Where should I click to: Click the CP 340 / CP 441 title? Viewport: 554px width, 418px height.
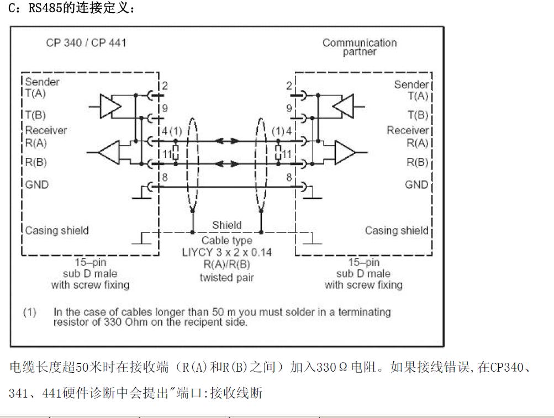86,43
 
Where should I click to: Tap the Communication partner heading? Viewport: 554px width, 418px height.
360,47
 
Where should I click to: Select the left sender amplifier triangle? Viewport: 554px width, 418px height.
110,105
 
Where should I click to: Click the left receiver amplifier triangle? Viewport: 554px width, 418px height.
109,152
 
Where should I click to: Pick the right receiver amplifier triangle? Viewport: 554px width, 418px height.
345,152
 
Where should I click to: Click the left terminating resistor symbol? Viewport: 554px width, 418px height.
176,152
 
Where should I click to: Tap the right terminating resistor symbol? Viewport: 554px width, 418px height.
278,152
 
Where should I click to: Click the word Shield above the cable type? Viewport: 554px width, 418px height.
227,225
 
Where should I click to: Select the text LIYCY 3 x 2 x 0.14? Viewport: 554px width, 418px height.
227,252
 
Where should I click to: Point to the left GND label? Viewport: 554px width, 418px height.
37,184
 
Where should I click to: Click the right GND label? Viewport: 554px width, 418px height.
416,184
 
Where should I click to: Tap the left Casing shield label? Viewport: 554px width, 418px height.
57,230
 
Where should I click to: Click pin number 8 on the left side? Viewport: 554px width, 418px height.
165,177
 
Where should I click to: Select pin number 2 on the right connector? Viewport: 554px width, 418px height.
289,86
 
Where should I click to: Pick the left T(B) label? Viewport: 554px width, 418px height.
35,115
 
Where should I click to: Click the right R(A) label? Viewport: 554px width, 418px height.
418,143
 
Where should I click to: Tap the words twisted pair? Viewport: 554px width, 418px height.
227,278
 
